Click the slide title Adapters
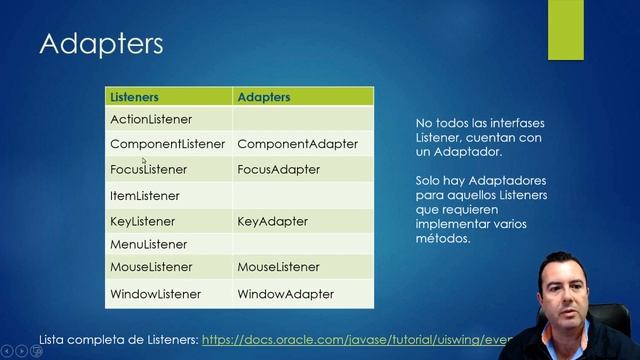[x=101, y=45]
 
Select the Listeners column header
[x=134, y=97]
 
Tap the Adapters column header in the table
[x=263, y=97]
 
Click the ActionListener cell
[x=151, y=119]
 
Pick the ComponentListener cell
[x=167, y=144]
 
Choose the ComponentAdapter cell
[x=297, y=144]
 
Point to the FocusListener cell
[x=148, y=170]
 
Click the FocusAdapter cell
[x=278, y=170]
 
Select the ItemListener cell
[x=145, y=196]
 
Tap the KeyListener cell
[x=142, y=221]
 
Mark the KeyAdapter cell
[x=272, y=221]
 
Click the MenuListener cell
[x=148, y=244]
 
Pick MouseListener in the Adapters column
[x=278, y=268]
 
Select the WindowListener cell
[x=155, y=295]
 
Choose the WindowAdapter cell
[x=285, y=295]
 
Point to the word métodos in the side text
[x=441, y=239]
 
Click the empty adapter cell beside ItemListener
[x=303, y=196]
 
